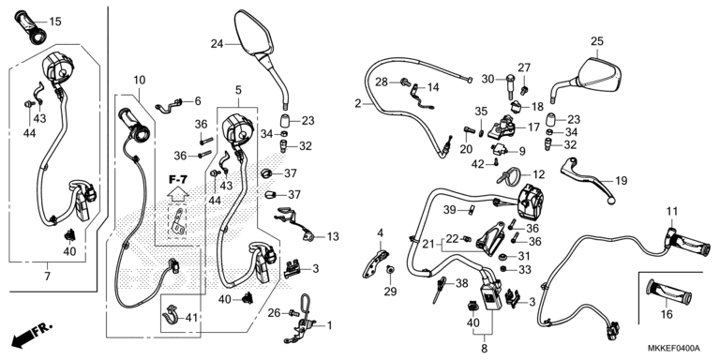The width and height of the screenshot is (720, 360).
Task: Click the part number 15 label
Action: [54, 22]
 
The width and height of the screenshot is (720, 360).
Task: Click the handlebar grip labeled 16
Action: [668, 292]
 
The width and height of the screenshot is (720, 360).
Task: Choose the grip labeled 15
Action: [31, 28]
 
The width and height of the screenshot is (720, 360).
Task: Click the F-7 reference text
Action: [178, 180]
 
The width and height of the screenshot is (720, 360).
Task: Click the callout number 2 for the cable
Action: [358, 104]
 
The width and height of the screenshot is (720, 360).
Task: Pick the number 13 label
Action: [333, 236]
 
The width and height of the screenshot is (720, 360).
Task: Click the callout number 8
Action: [484, 349]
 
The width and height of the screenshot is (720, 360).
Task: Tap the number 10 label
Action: [139, 81]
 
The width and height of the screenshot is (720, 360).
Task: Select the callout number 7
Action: [47, 277]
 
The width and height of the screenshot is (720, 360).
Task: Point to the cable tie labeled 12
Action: [506, 176]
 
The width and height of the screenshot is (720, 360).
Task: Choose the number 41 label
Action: [192, 317]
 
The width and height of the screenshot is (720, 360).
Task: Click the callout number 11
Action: [672, 212]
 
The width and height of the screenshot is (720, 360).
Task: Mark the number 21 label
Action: [427, 244]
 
